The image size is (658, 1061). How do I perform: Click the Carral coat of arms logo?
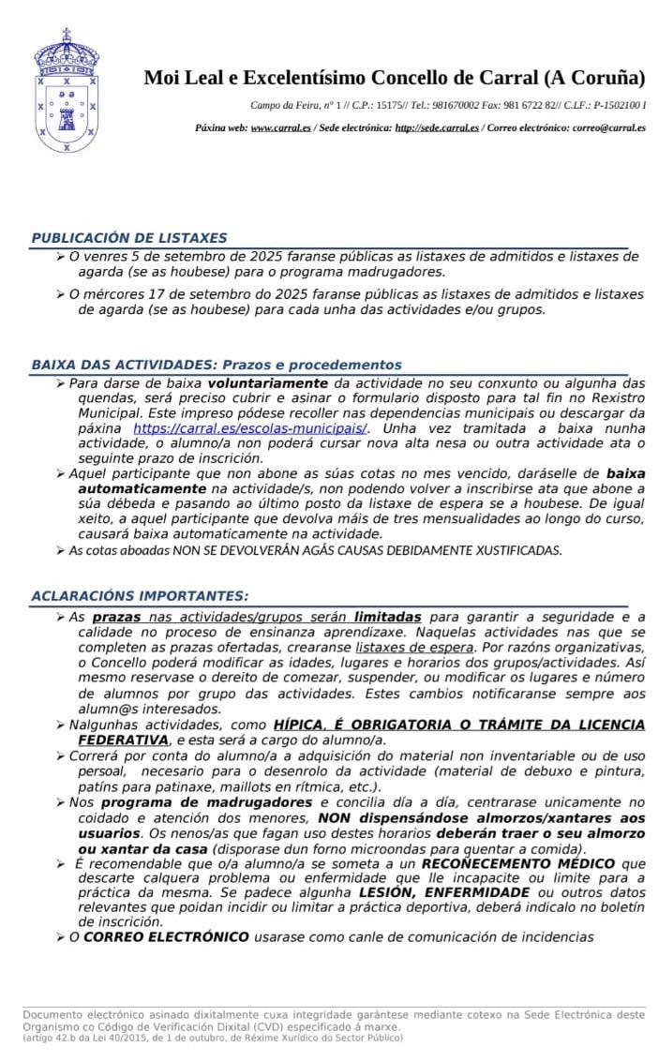(67, 91)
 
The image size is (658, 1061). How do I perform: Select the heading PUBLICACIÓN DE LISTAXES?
(128, 238)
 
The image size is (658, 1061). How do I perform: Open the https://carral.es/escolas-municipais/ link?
(249, 428)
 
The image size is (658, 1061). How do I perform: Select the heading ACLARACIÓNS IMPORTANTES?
(140, 595)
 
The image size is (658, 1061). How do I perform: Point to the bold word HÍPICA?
(297, 725)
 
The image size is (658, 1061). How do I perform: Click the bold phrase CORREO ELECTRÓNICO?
(166, 936)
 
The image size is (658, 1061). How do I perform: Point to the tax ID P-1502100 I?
(614, 104)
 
